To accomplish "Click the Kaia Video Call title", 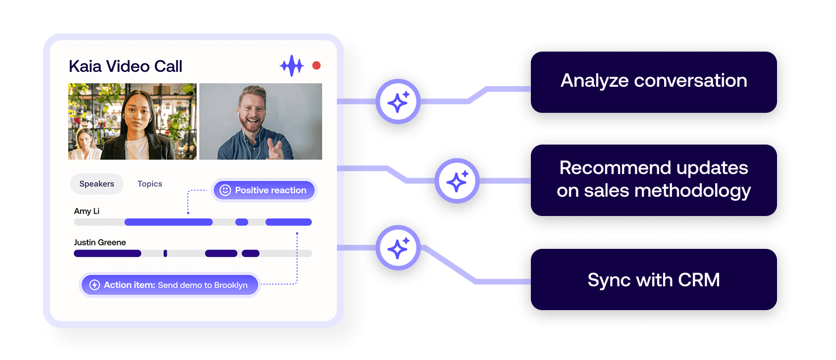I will point(125,66).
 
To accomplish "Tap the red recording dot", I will point(316,66).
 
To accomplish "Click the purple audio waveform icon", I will point(292,66).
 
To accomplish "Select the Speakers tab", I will point(96,184).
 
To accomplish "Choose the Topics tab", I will point(150,184).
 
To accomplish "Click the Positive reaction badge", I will point(264,190).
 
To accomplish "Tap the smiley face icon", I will point(225,190).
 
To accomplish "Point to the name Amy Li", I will point(87,211).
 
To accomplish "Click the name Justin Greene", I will point(100,242).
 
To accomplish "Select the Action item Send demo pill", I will point(170,285).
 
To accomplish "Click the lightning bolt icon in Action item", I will point(95,285).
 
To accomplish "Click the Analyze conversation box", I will point(653,81).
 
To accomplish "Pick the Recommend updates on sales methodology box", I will point(653,179).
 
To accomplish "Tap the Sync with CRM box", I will point(653,280).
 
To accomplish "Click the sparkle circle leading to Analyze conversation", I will point(398,102).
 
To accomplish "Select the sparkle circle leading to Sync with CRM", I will point(398,248).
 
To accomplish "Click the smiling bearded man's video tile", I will point(260,121).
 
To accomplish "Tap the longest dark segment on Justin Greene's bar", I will point(108,253).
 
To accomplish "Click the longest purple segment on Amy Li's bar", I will point(168,222).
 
